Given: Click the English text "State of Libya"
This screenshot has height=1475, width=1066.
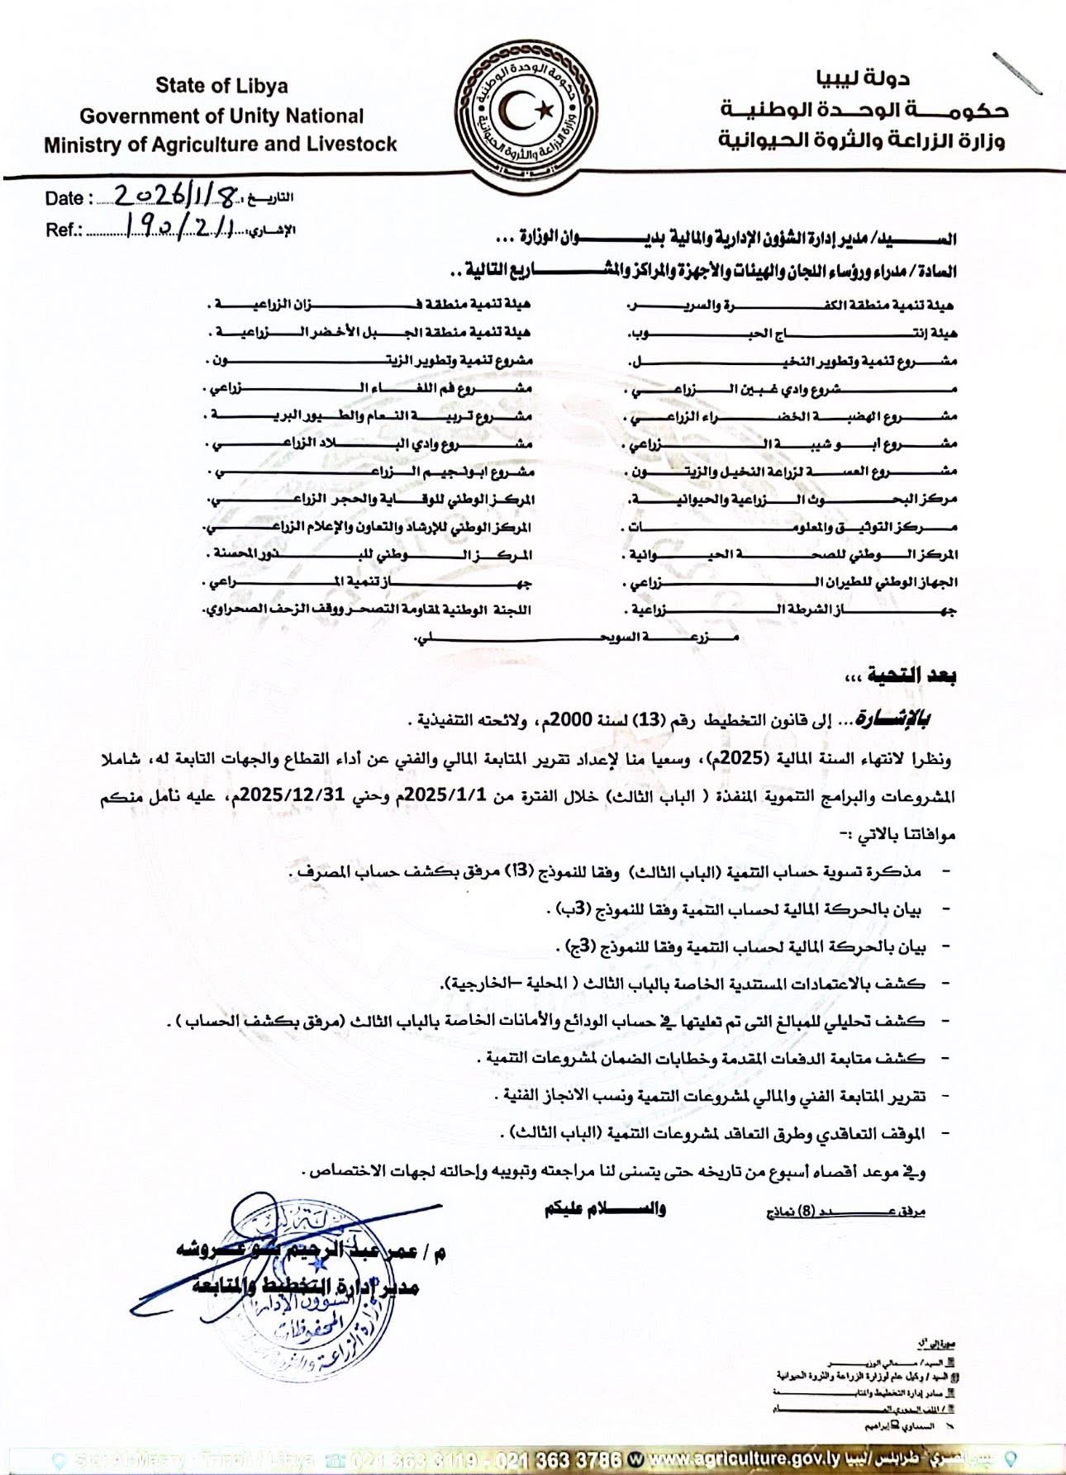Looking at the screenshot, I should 221,86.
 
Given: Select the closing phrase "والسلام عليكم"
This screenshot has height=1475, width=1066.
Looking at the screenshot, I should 605,1210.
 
